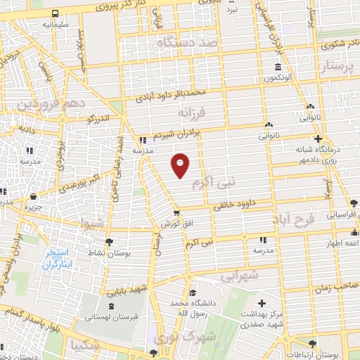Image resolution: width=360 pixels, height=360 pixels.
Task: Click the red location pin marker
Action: click(x=181, y=165)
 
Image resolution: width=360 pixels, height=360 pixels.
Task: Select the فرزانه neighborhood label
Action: click(x=193, y=112)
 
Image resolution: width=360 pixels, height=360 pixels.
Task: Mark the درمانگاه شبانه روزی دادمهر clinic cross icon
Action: click(x=317, y=139)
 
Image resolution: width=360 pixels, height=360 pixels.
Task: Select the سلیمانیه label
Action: click(x=35, y=24)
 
